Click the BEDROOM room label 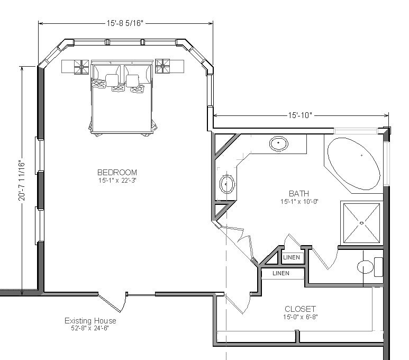(117, 172)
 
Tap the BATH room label (299, 193)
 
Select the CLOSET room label (300, 309)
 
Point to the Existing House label (90, 321)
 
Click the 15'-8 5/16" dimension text (125, 23)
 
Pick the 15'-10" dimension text (300, 115)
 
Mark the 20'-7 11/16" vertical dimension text (22, 181)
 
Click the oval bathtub (354, 164)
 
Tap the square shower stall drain (361, 223)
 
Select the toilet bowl (365, 267)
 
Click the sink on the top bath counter (279, 143)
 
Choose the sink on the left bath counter (226, 184)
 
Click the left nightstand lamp (81, 67)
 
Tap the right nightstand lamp (162, 66)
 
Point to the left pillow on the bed (112, 80)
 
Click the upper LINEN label (292, 257)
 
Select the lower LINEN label (281, 273)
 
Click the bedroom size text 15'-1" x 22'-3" (117, 180)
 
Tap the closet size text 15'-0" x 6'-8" (301, 317)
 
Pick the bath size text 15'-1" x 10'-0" (299, 202)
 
